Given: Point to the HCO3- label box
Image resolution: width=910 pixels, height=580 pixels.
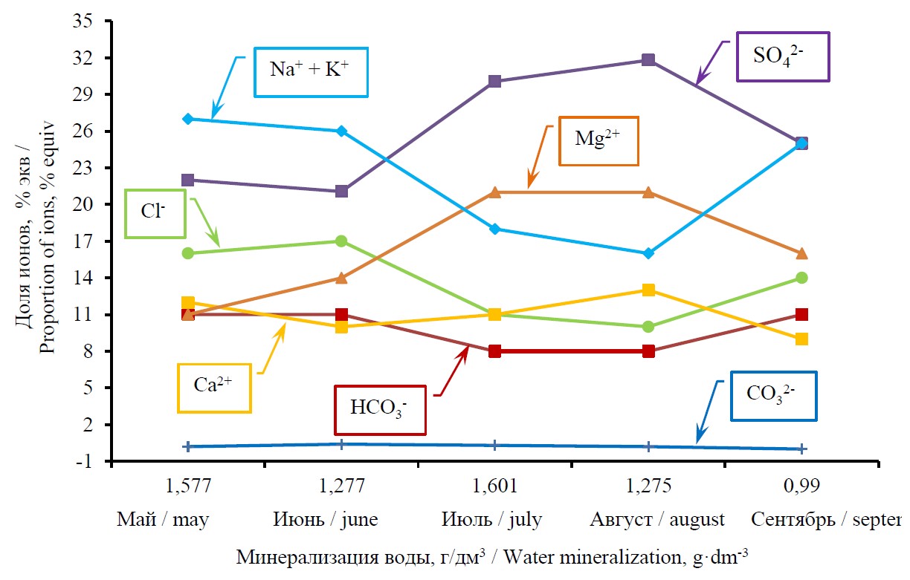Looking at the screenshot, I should (x=381, y=409).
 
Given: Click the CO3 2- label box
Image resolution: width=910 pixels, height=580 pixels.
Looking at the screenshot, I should (x=772, y=396).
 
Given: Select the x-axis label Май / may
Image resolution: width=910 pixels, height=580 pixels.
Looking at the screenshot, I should (x=163, y=519).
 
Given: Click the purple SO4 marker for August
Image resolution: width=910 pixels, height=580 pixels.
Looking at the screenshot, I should (x=648, y=59).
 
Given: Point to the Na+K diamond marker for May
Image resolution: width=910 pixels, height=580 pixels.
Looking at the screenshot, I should (x=188, y=119).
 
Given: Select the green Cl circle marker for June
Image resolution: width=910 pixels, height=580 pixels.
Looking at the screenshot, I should (x=341, y=241).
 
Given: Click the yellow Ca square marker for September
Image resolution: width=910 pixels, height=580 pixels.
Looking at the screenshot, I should (x=801, y=339).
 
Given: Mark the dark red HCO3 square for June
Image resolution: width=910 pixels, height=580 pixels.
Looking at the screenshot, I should (x=341, y=314).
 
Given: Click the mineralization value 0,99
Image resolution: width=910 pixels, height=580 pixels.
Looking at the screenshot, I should (x=801, y=486).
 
